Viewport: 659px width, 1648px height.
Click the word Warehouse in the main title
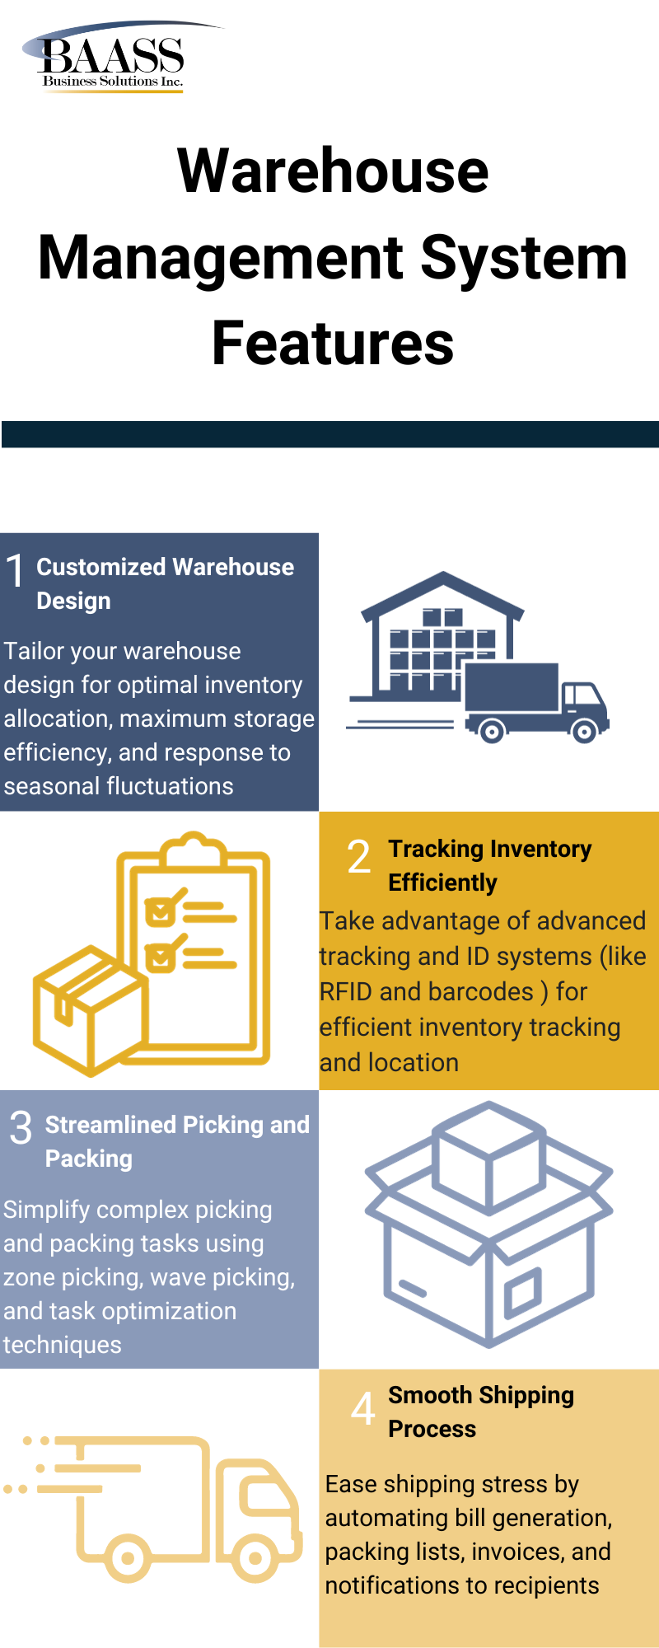pos(333,171)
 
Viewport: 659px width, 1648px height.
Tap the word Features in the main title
pos(333,343)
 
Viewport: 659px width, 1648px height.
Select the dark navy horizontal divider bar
pos(329,434)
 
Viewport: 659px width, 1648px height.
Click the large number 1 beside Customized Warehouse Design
pos(16,571)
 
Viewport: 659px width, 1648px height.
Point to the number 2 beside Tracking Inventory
pos(358,857)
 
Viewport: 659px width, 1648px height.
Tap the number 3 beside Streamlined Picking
pos(21,1128)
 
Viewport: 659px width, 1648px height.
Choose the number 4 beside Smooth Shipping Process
pos(362,1408)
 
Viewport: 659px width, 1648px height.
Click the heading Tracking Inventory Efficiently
pos(489,865)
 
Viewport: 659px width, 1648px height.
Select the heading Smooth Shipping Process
pos(480,1412)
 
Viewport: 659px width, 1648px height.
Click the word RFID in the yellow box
pos(346,991)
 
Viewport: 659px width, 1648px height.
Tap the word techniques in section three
pos(63,1345)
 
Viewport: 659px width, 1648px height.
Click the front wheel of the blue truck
pos(584,730)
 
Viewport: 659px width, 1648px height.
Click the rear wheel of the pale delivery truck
pos(128,1557)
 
